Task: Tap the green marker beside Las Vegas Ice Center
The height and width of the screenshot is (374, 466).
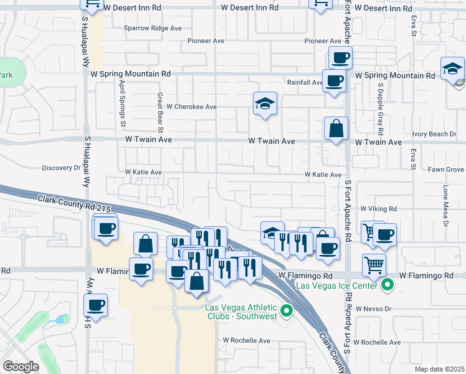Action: point(388,285)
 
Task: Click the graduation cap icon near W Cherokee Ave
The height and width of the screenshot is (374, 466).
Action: point(265,104)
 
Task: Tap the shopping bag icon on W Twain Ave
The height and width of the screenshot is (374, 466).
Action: point(336,129)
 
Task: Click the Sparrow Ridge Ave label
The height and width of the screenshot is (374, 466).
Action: point(152,28)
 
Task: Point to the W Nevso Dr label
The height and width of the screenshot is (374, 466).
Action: point(373,309)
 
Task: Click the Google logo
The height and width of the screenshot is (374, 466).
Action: point(21,367)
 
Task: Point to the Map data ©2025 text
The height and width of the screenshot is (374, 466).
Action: point(439,369)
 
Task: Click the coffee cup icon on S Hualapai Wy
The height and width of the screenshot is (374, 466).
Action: point(96,305)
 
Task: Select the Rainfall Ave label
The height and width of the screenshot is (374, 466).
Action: point(304,82)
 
